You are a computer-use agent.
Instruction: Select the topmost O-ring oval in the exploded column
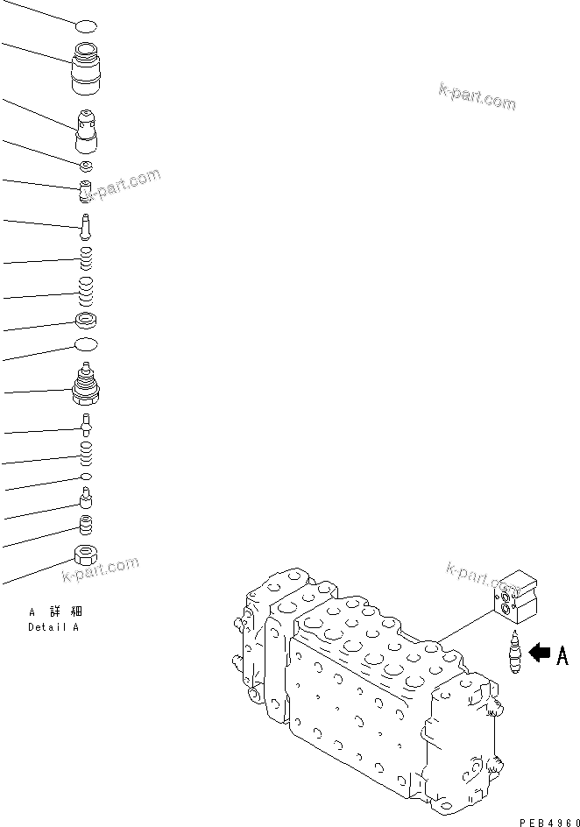click(x=86, y=27)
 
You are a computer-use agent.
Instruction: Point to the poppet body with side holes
click(x=88, y=131)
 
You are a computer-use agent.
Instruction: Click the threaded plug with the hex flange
click(x=86, y=385)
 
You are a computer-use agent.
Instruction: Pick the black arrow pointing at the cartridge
click(x=540, y=653)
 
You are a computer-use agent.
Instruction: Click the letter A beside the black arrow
click(x=562, y=654)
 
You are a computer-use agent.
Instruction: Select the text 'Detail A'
click(x=53, y=626)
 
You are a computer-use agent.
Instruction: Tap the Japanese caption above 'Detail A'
click(x=56, y=611)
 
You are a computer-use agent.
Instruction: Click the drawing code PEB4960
click(x=548, y=821)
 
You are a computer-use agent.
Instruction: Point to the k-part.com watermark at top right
click(x=477, y=96)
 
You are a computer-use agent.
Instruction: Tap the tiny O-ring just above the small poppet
click(x=86, y=476)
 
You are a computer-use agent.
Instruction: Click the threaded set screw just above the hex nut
click(x=86, y=526)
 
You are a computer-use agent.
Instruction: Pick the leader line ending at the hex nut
click(x=35, y=570)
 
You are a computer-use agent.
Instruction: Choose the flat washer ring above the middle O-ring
click(x=86, y=320)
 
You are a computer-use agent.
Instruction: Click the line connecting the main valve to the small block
click(x=464, y=626)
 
